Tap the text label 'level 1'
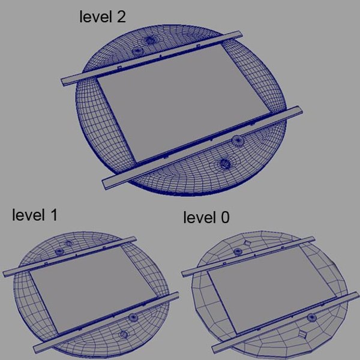pyautogui.click(x=35, y=215)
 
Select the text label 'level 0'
pyautogui.click(x=206, y=217)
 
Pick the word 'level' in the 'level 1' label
pyautogui.click(x=28, y=215)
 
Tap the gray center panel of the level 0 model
pyautogui.click(x=264, y=282)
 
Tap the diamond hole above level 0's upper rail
pyautogui.click(x=246, y=241)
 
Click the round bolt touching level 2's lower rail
pyautogui.click(x=238, y=142)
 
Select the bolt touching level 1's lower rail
pyautogui.click(x=133, y=316)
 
